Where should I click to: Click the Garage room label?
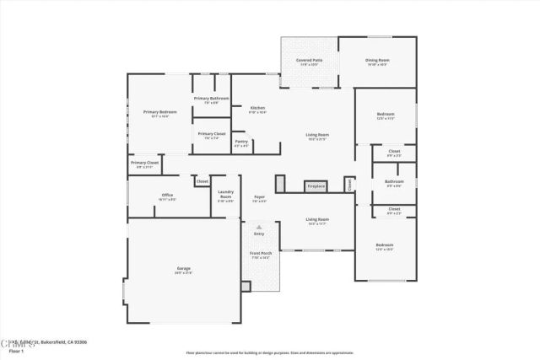(183, 271)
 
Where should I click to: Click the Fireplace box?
(316, 185)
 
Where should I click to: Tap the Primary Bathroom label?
(212, 99)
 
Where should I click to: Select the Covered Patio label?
(308, 61)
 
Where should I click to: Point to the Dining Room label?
(377, 61)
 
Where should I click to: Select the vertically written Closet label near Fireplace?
(348, 183)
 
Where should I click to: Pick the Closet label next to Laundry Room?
(202, 181)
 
